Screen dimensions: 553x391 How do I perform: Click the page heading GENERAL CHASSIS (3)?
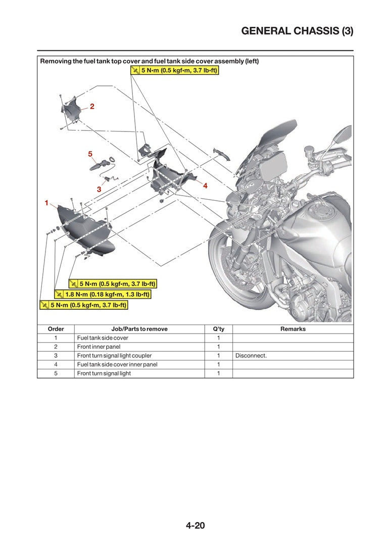[297, 31]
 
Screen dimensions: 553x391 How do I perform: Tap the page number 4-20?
[195, 525]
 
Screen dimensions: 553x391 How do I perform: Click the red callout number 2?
[92, 107]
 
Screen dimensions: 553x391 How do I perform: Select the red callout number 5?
[90, 153]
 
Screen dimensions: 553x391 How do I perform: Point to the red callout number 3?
[99, 189]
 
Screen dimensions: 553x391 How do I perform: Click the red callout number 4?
[205, 186]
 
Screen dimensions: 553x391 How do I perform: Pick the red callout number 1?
[46, 203]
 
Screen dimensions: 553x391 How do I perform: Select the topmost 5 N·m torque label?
[174, 71]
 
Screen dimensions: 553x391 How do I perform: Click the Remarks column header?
[292, 329]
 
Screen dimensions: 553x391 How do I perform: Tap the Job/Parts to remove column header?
[139, 329]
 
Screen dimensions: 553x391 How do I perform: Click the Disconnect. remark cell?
[251, 355]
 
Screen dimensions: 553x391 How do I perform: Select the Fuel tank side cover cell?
[103, 338]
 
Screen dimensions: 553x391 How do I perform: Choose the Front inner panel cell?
[99, 347]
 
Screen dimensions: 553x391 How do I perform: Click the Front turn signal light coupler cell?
[114, 355]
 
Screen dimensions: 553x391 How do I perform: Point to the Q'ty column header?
[218, 329]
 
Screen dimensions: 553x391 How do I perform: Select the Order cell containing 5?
[56, 373]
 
